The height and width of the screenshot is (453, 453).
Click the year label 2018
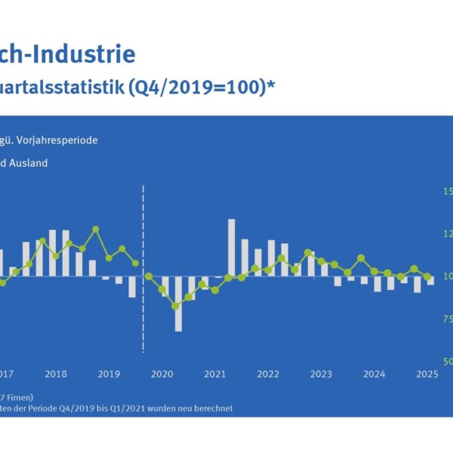pos(56,374)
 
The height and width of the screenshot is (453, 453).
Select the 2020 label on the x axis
pos(162,374)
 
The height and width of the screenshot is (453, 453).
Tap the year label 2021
pos(215,374)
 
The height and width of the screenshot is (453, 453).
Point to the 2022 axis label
pos(268,374)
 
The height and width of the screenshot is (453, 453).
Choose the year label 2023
pos(321,374)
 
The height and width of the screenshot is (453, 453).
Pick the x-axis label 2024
pos(374,374)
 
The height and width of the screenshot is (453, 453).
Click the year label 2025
pos(427,374)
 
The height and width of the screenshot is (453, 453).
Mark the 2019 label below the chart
pos(109,374)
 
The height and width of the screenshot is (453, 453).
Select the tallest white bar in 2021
pos(231,248)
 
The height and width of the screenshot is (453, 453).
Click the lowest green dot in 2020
pos(175,306)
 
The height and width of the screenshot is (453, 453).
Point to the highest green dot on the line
pos(96,229)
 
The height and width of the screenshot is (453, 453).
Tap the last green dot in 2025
pos(427,276)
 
